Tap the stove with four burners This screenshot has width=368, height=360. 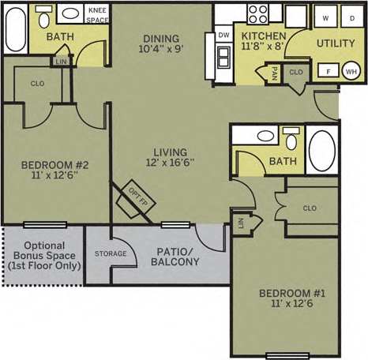click(x=258, y=13)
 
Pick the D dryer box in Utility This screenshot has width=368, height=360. click(x=351, y=17)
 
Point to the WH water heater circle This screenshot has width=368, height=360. click(x=351, y=72)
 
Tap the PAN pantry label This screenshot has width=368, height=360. click(x=274, y=73)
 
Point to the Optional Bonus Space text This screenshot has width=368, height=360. click(x=43, y=255)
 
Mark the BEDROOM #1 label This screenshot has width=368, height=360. click(x=291, y=294)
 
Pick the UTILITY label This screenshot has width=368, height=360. click(x=336, y=43)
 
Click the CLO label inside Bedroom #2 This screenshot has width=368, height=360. click(x=37, y=81)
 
